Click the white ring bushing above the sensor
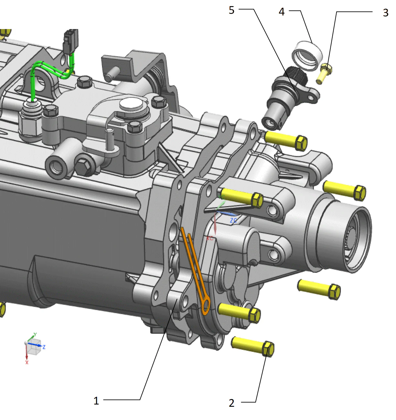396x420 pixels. pos(307,55)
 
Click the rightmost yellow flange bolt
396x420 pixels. pos(345,190)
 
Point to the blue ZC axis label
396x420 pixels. pos(233,221)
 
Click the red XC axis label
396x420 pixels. pos(210,238)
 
